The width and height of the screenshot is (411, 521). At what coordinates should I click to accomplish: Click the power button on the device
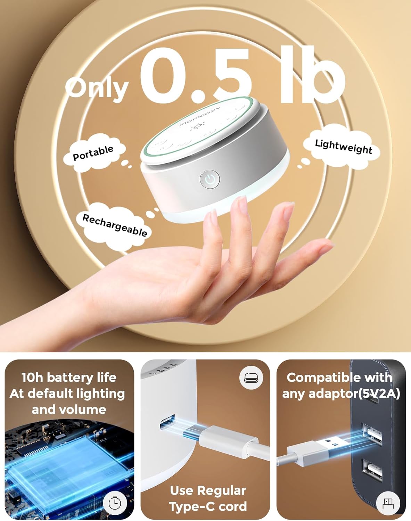click(210, 179)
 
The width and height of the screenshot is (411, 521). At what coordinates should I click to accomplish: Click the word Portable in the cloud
click(93, 153)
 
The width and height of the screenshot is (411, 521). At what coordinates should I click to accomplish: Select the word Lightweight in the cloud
click(344, 147)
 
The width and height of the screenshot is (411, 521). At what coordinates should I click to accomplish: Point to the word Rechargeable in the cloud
click(115, 225)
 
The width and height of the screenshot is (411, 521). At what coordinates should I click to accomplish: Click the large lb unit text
click(312, 74)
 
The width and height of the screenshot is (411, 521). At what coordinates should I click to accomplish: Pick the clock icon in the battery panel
click(115, 503)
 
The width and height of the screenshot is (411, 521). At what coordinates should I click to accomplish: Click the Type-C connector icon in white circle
click(251, 378)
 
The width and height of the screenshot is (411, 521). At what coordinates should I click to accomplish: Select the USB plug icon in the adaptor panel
click(388, 503)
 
